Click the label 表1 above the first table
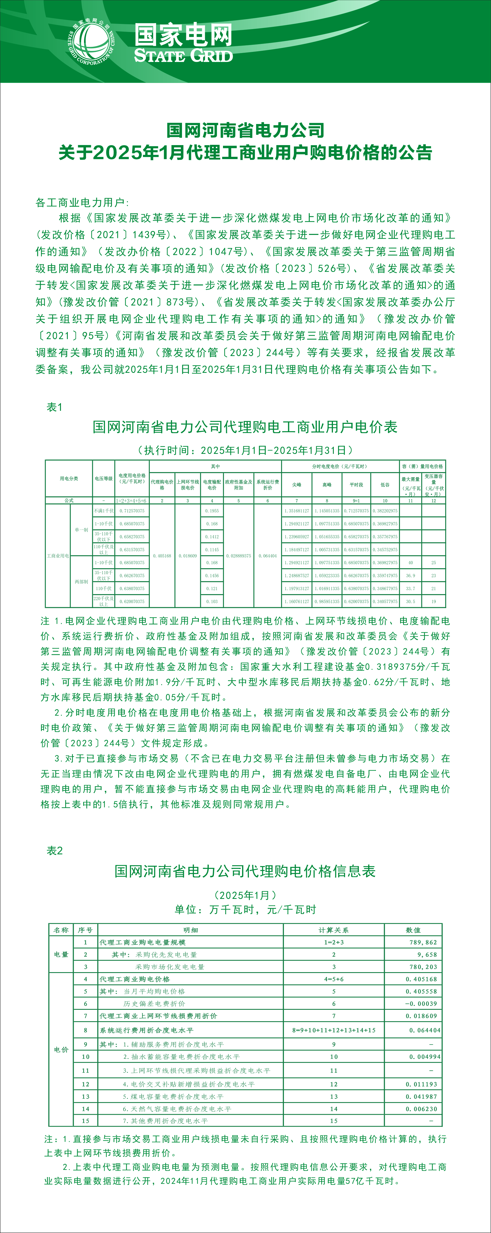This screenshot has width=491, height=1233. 54,407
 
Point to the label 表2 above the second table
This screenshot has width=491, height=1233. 54,851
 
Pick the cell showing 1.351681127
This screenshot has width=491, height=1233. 296,511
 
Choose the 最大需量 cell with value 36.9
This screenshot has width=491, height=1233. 410,575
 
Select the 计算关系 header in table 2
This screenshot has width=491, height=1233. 334,930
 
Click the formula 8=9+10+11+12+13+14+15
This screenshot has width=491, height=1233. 334,1030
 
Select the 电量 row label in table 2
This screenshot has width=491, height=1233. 61,954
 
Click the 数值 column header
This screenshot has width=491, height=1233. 413,930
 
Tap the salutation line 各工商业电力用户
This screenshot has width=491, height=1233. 82,202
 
